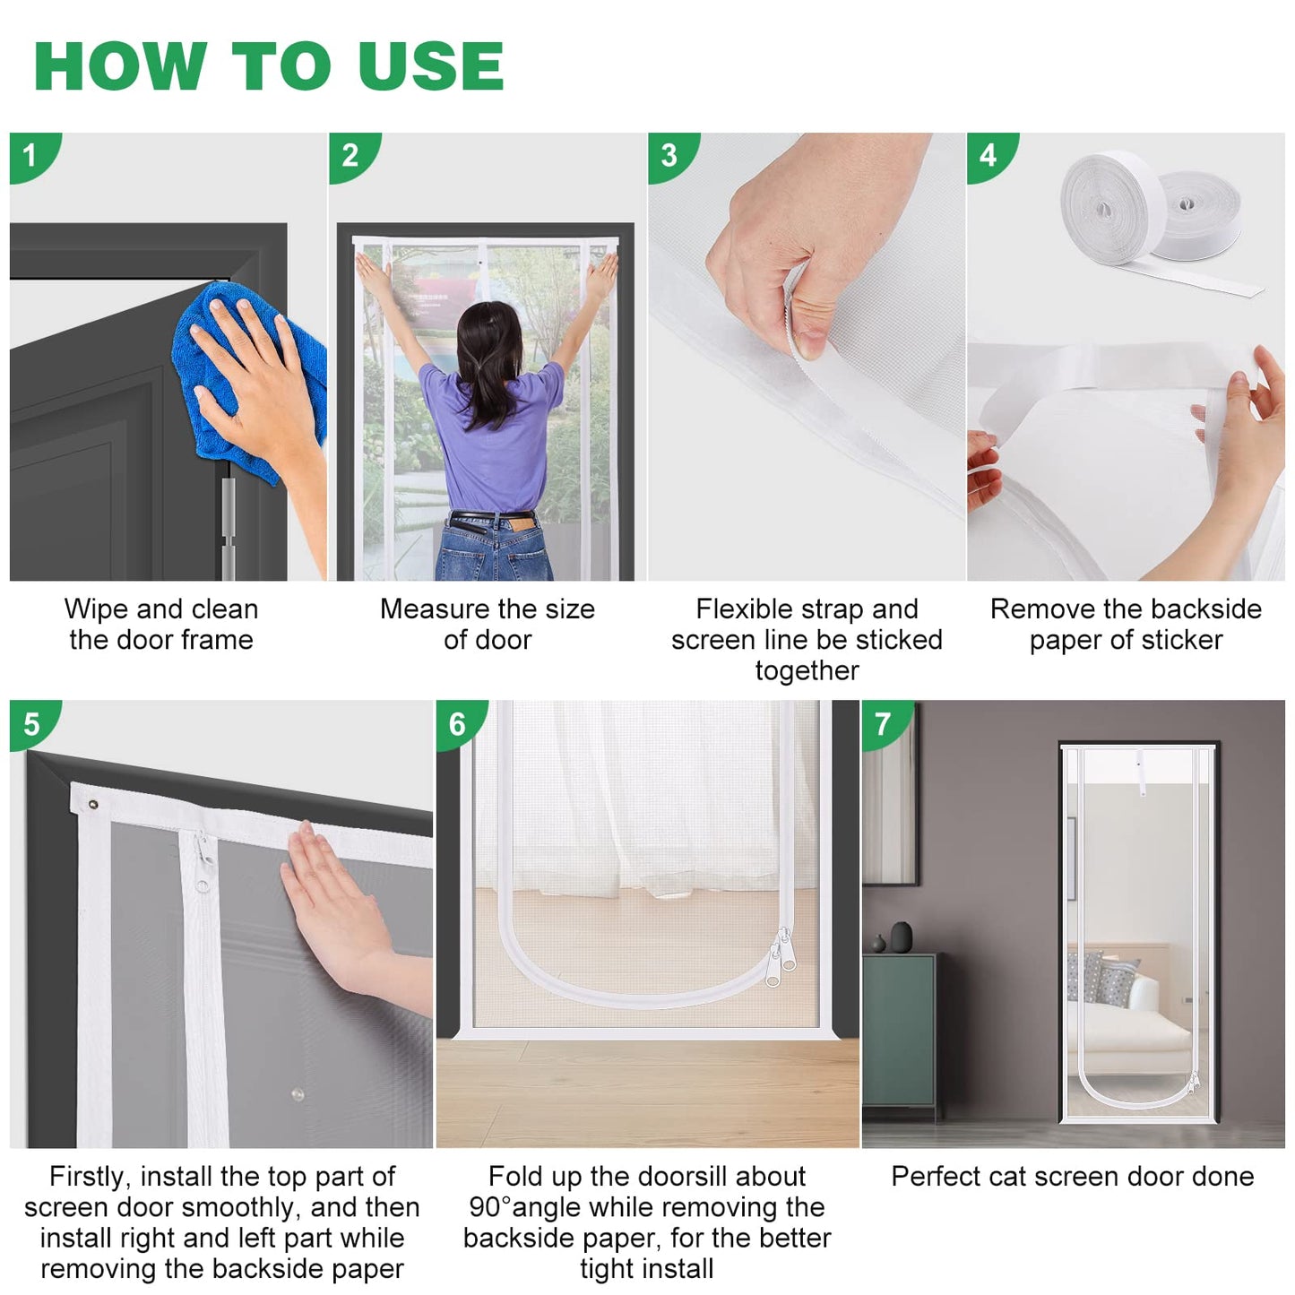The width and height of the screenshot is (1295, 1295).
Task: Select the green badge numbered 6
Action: (458, 723)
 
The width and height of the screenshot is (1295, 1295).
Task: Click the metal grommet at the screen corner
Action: (92, 805)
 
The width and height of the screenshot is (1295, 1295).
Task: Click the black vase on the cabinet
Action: (902, 937)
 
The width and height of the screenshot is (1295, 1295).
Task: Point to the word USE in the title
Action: (431, 65)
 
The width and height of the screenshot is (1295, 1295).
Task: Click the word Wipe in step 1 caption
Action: (96, 609)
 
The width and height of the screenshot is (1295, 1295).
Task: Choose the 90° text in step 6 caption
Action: (490, 1207)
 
